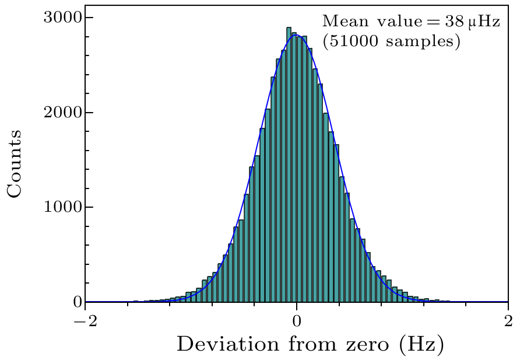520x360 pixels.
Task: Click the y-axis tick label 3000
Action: pos(62,18)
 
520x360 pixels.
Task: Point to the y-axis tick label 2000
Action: pos(62,113)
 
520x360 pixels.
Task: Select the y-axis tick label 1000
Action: pos(62,208)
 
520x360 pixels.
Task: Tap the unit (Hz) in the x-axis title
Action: pos(422,344)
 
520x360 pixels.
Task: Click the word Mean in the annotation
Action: pos(340,22)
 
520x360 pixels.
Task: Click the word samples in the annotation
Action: pos(421,43)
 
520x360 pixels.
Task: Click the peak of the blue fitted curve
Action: pos(297,35)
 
